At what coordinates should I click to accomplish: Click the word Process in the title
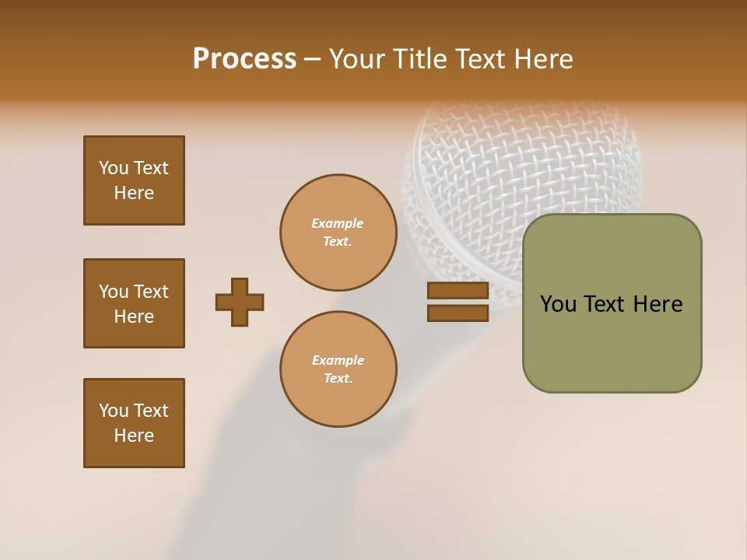[244, 59]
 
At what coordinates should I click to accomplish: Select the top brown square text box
[134, 180]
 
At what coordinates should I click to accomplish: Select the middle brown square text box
[134, 303]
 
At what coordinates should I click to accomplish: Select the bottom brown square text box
[134, 423]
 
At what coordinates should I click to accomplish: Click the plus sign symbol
[240, 302]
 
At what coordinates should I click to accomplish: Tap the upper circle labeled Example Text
[338, 233]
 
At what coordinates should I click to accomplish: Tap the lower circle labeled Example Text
[338, 369]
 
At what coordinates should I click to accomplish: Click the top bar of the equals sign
[458, 291]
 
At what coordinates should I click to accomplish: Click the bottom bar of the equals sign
[458, 313]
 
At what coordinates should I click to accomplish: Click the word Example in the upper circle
[337, 223]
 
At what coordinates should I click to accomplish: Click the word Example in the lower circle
[338, 360]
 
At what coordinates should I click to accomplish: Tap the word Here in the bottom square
[134, 436]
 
